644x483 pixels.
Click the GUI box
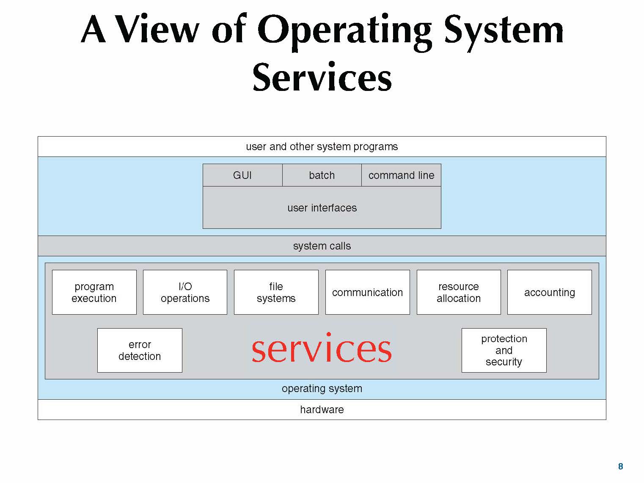point(242,175)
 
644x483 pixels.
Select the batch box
point(322,175)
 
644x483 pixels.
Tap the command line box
point(401,175)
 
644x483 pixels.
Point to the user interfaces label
point(322,208)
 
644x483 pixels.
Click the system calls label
point(322,246)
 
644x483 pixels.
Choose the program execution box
point(94,292)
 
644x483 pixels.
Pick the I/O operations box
point(185,292)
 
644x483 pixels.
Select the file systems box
point(276,292)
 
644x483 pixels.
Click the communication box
point(367,292)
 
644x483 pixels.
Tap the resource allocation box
point(459,292)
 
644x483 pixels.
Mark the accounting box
point(549,292)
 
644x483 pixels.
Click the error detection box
point(140,350)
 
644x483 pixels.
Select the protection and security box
point(504,350)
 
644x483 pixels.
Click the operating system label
point(322,388)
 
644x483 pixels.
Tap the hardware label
point(322,409)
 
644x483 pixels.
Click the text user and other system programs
point(322,146)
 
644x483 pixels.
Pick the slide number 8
point(620,466)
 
